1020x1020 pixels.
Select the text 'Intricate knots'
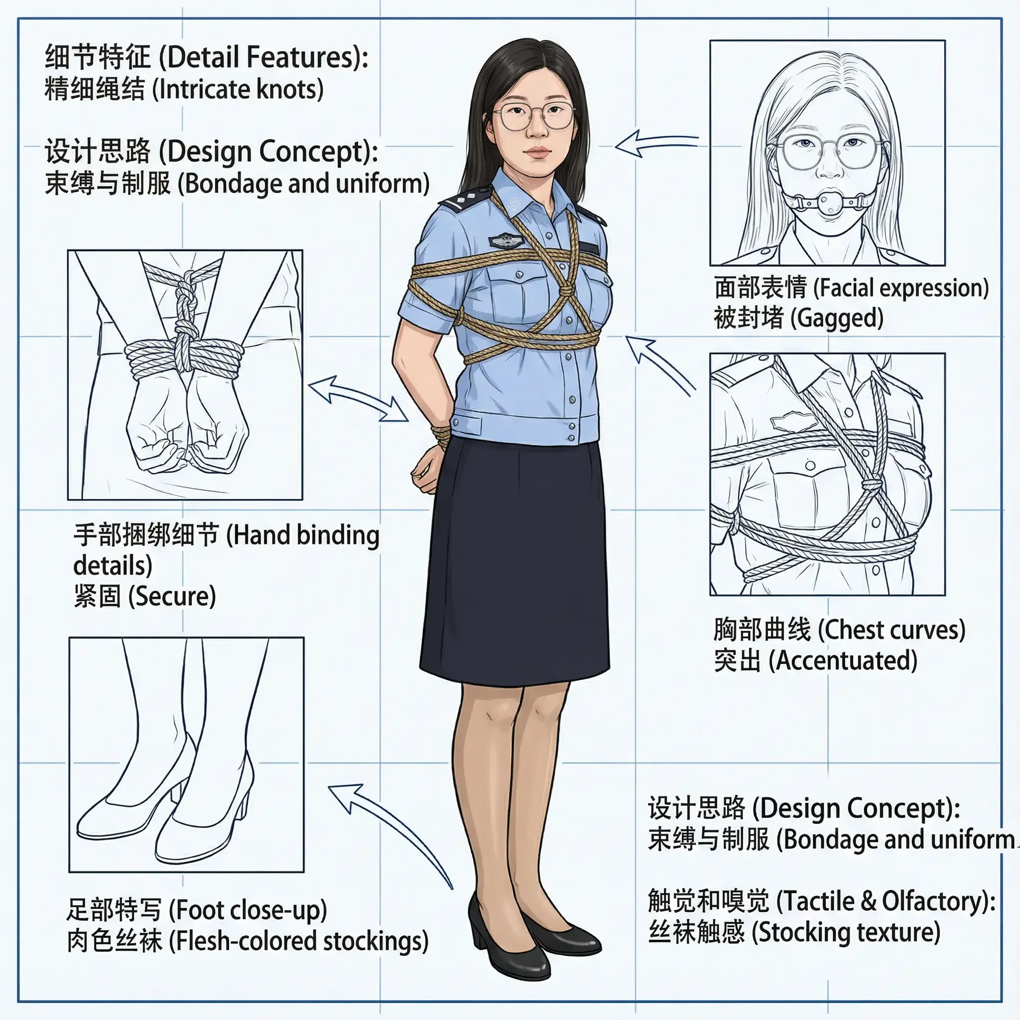238,89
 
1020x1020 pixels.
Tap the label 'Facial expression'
901,288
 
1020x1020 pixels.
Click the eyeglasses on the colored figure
534,116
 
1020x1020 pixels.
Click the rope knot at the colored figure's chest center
565,290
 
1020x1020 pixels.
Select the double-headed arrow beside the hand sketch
359,399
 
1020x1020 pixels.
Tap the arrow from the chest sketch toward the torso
660,364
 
